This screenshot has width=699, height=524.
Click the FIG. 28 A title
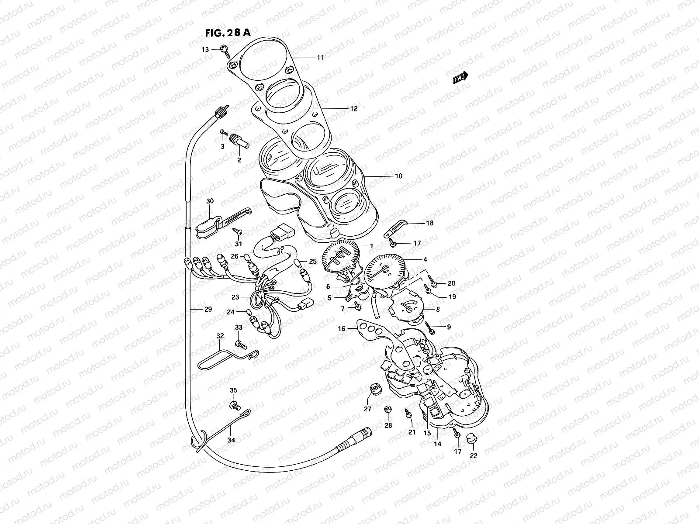(228, 33)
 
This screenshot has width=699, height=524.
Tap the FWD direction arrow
(460, 78)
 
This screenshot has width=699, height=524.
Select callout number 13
(205, 49)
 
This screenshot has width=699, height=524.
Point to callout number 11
(320, 58)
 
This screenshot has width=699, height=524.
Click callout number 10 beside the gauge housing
(398, 176)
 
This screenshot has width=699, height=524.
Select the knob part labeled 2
(242, 141)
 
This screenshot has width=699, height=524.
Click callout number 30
(210, 201)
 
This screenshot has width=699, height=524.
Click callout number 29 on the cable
(208, 309)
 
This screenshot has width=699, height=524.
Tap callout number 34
(231, 440)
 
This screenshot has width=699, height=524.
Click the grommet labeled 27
(375, 389)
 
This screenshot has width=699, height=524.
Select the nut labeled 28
(387, 409)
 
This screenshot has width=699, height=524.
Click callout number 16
(342, 329)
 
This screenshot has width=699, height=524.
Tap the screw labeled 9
(430, 328)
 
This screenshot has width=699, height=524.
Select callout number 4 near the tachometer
(425, 259)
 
